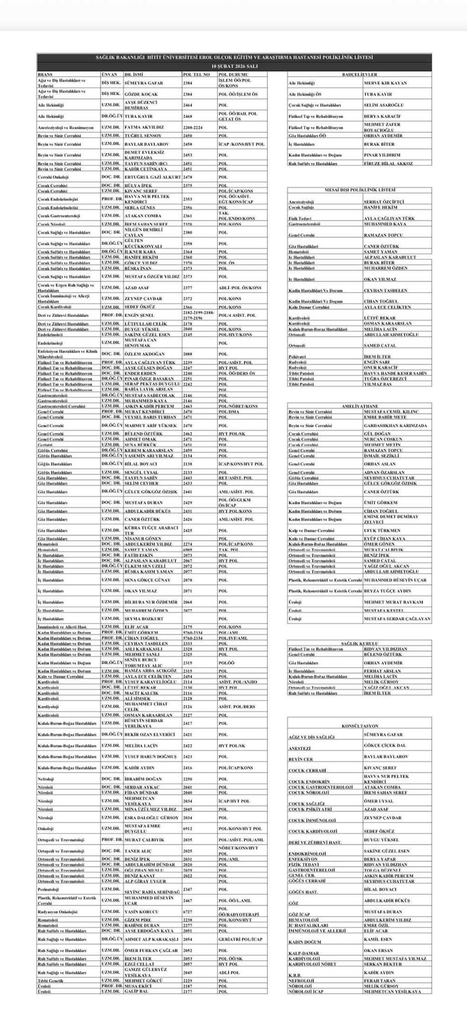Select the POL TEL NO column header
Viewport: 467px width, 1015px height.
click(x=196, y=74)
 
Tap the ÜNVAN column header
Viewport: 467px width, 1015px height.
click(x=109, y=74)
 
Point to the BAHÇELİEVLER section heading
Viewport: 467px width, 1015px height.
click(x=359, y=74)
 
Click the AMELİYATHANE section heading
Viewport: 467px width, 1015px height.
click(x=359, y=406)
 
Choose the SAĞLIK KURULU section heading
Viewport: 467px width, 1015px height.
click(x=359, y=643)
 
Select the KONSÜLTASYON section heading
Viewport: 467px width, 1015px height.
click(x=359, y=725)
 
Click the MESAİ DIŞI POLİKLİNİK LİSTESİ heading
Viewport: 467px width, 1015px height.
click(x=359, y=190)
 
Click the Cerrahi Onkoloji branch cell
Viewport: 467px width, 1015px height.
click(x=53, y=177)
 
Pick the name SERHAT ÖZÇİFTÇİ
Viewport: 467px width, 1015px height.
click(x=384, y=202)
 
